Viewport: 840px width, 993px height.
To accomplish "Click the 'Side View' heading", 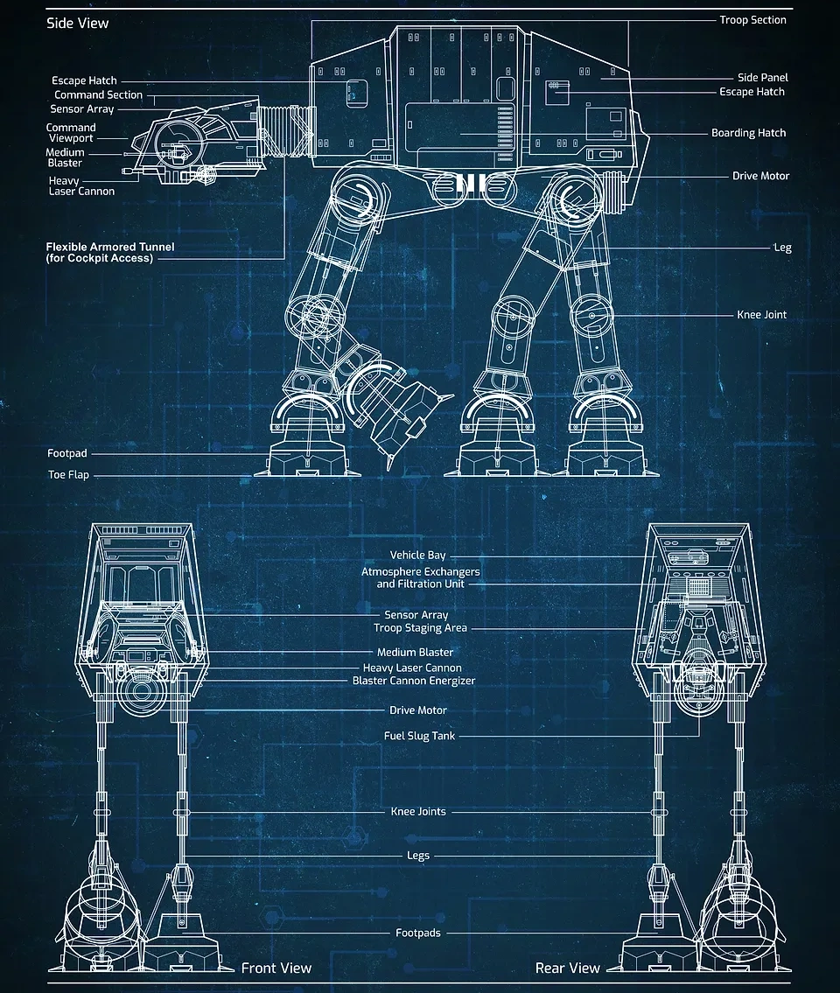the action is point(78,23).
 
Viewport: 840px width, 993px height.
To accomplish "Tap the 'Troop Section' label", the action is point(752,20).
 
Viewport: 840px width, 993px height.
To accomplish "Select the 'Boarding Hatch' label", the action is point(748,133).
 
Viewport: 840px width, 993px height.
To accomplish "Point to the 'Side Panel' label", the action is point(762,78).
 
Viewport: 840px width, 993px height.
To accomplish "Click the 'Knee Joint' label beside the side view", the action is point(761,315).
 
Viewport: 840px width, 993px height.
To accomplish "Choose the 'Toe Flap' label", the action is point(68,475).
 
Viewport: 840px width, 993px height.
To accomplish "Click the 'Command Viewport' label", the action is point(71,133).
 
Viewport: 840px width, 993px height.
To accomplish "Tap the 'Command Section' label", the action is point(98,94).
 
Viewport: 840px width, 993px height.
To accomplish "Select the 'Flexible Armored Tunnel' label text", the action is point(109,252).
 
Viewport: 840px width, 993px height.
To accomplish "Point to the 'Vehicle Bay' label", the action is point(417,555).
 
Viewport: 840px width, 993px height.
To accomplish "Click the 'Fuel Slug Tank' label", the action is point(419,736).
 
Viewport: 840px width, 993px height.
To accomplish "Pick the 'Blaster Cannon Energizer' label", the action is point(414,681).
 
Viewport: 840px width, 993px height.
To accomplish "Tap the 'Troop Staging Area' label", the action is point(420,628).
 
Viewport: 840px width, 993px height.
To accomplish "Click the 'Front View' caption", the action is point(276,968).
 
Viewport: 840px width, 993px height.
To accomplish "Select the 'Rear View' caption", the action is point(568,968).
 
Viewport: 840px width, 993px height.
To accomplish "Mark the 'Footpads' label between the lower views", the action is point(418,933).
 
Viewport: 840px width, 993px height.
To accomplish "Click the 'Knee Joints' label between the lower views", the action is point(418,811).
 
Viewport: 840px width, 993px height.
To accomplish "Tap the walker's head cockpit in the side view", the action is point(188,144).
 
